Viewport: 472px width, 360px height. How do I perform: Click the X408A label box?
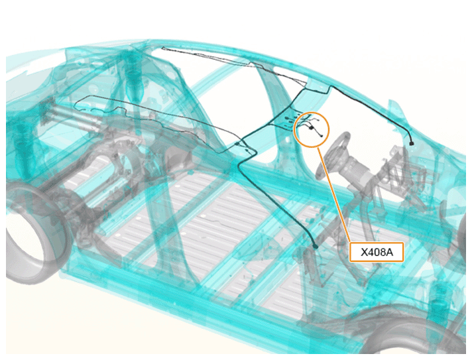377,252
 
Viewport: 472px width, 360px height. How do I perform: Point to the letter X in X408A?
364,252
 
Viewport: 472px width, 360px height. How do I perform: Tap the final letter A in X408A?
390,252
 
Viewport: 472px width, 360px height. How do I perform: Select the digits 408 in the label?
377,252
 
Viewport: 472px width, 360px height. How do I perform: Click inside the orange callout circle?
312,129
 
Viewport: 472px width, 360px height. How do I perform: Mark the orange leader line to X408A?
334,194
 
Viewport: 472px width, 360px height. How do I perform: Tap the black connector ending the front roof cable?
411,143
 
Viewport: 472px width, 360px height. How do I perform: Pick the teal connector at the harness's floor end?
316,247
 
